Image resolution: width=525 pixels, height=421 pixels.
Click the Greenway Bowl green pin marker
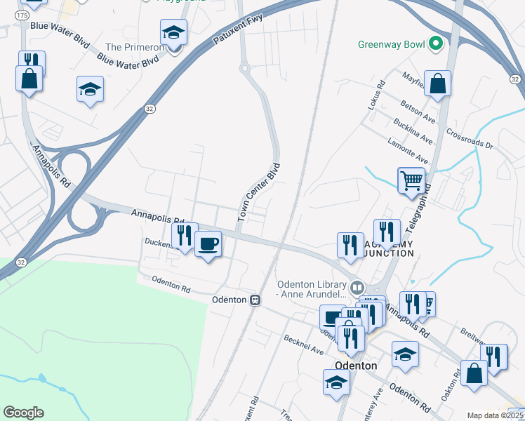[435, 44]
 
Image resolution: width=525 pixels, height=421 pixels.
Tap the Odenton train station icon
[255, 300]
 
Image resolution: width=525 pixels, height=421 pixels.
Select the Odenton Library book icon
[357, 288]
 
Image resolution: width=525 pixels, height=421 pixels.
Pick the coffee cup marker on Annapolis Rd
[208, 244]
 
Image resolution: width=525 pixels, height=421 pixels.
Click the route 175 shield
[22, 15]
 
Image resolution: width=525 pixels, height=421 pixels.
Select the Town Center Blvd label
[259, 192]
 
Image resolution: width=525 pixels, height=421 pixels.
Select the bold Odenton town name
[356, 366]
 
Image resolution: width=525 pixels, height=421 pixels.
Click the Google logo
[23, 413]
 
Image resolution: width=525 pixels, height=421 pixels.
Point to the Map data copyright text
[496, 415]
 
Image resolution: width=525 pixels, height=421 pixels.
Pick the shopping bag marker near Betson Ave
[437, 83]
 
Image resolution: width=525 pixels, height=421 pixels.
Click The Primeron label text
[134, 47]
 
